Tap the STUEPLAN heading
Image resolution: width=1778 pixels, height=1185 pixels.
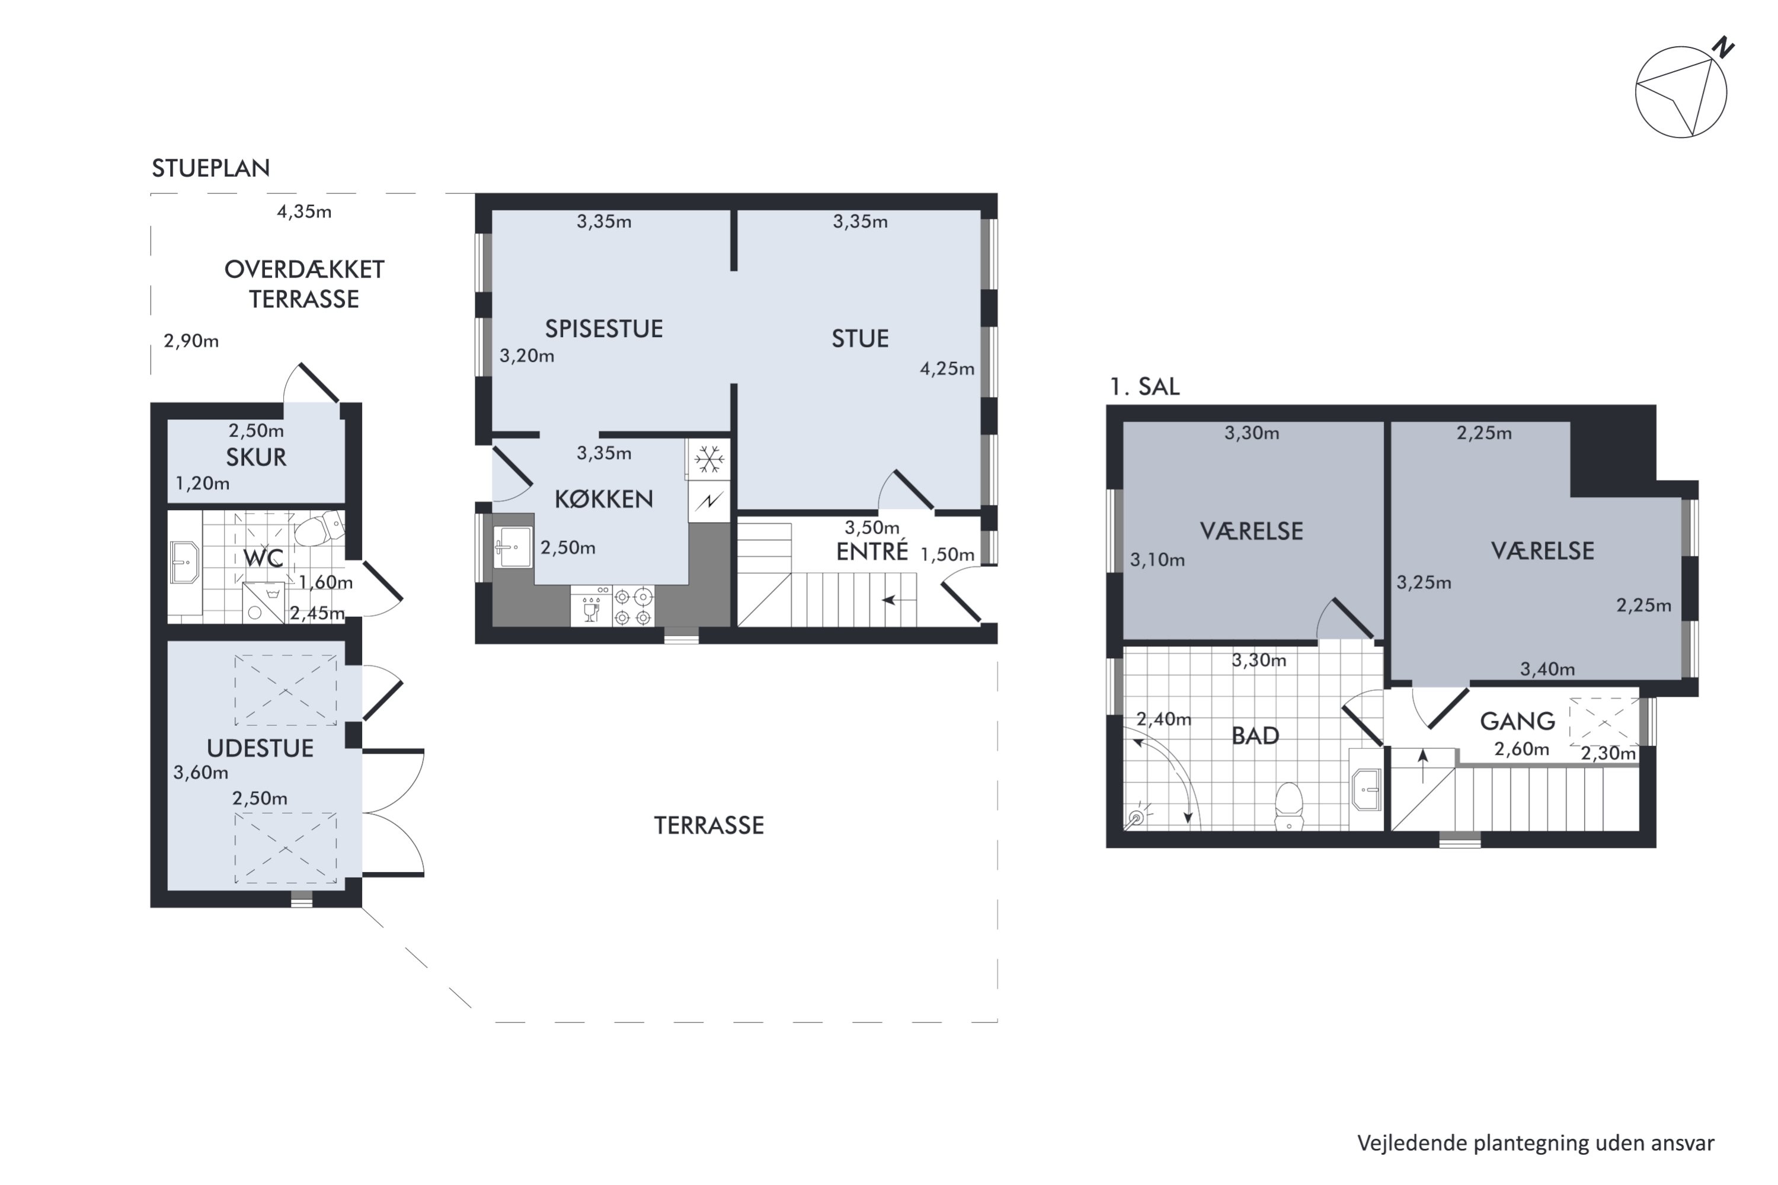tap(211, 168)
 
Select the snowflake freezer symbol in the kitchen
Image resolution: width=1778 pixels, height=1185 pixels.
tap(709, 459)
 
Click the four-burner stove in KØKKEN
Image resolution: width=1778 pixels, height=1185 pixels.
tap(633, 607)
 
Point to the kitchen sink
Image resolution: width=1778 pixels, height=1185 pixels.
tap(513, 547)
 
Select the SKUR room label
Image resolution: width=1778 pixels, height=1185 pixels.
tap(256, 457)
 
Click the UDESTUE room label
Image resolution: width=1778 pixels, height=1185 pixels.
tap(260, 748)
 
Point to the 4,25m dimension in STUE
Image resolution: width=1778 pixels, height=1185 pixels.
tap(947, 369)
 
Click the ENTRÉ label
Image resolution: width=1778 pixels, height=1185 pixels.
tap(872, 551)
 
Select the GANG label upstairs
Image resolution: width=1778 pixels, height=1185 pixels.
tap(1518, 722)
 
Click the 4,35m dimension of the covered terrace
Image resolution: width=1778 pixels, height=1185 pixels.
tap(304, 212)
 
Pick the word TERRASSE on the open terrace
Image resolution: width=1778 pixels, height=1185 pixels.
tap(709, 825)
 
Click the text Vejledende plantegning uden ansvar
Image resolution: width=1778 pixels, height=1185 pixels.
tap(1536, 1144)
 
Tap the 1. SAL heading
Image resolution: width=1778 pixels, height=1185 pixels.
tap(1144, 386)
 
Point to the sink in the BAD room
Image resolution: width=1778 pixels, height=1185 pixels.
tap(1366, 789)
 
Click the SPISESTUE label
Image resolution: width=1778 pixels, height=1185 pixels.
tap(604, 329)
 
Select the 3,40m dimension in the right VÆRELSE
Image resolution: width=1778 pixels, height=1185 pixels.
tap(1547, 669)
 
